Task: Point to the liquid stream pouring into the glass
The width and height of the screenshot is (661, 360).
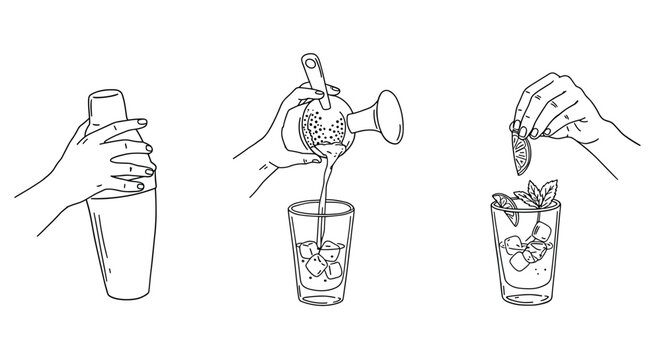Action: pyautogui.click(x=322, y=200)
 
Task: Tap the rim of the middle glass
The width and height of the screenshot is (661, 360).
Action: pyautogui.click(x=322, y=206)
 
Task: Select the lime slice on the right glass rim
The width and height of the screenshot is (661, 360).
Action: pyautogui.click(x=504, y=206)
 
